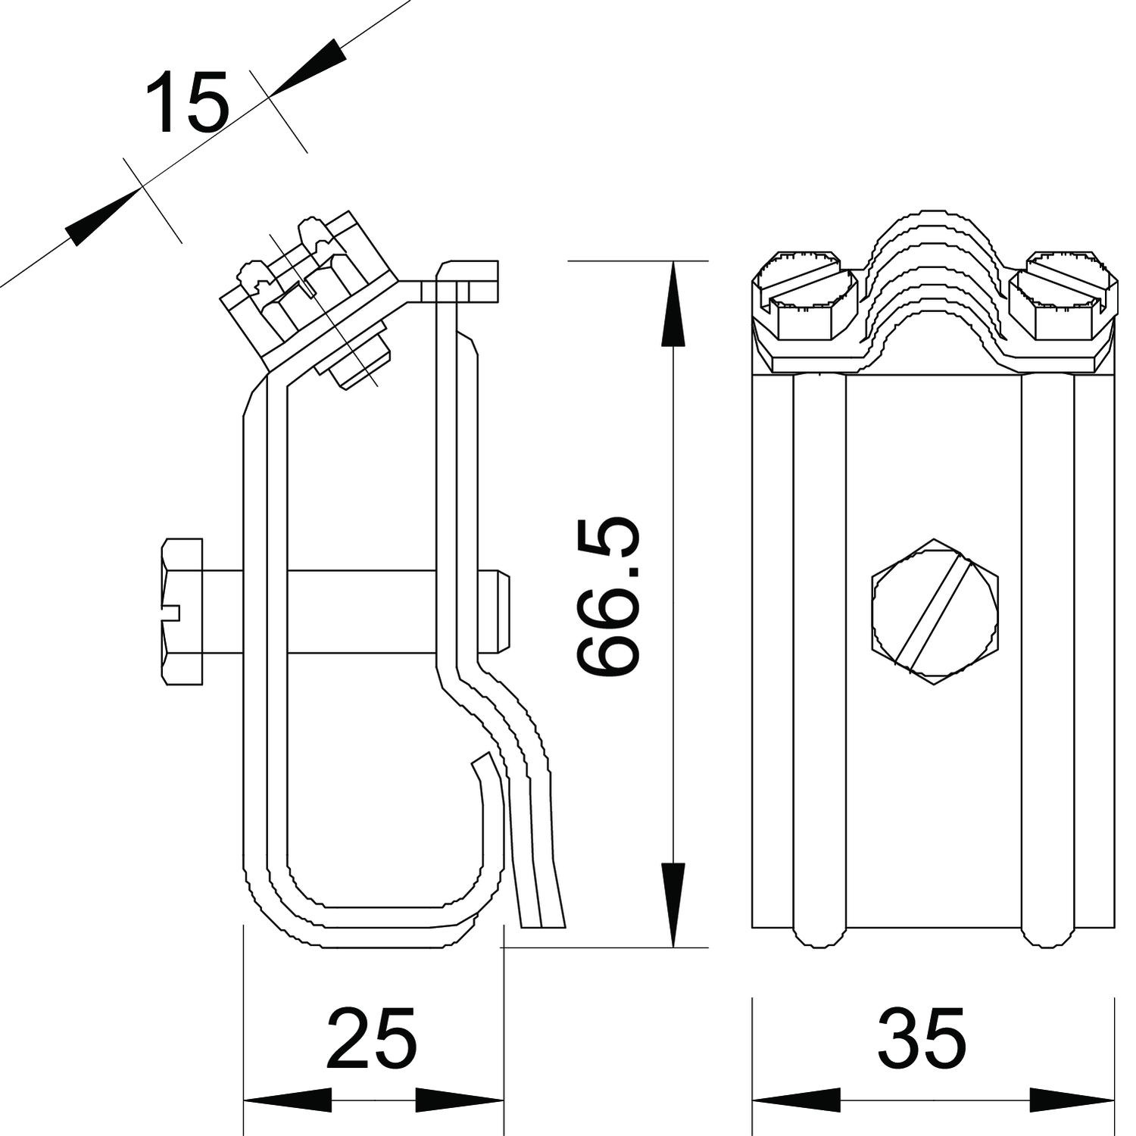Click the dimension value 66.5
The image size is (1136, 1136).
607,596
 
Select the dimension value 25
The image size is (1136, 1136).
372,1038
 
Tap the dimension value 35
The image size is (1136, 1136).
921,1038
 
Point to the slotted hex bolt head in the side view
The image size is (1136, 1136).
183,612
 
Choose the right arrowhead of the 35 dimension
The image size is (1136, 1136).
1072,1100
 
